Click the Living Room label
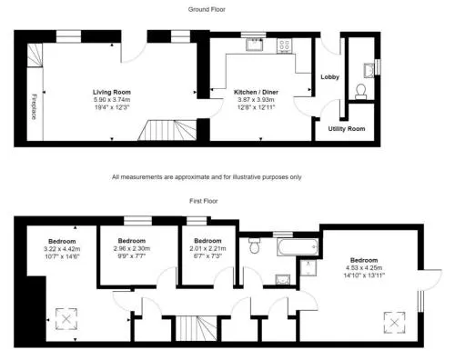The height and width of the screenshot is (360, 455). [112, 92]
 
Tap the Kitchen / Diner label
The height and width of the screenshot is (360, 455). [256, 92]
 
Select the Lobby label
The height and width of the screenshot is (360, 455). [329, 77]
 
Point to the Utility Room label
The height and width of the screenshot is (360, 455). [347, 129]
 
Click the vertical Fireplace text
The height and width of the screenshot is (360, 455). [34, 106]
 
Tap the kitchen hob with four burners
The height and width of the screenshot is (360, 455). [284, 45]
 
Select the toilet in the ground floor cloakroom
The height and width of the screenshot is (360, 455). [361, 92]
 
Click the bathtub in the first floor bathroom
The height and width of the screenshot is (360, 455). [298, 247]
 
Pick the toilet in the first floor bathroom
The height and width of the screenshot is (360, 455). [254, 245]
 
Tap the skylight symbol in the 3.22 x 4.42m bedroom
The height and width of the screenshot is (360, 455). [66, 319]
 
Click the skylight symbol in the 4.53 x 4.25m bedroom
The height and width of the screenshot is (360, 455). [394, 323]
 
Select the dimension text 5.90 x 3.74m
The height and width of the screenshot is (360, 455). [112, 100]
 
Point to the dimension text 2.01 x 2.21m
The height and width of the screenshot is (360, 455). [207, 249]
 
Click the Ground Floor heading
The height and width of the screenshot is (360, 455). [207, 9]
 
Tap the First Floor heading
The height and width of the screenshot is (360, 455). [204, 201]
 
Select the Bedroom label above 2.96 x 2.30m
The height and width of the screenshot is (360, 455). [132, 241]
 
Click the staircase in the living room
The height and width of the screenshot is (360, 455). [167, 130]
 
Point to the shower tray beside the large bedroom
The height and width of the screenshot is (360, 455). [308, 267]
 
